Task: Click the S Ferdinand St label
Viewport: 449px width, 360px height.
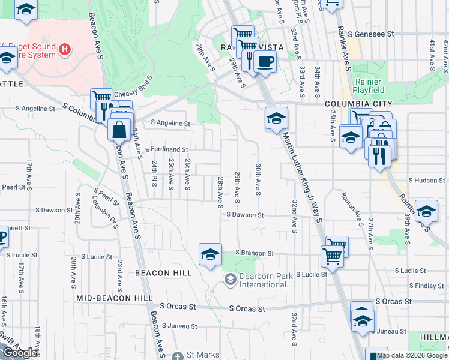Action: [166, 149]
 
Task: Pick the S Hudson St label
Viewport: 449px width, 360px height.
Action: [428, 180]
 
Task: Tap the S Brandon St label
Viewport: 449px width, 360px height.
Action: [255, 253]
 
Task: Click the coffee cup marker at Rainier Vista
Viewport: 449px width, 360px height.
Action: [264, 61]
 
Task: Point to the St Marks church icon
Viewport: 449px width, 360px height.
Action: [177, 355]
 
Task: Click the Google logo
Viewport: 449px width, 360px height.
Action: [20, 353]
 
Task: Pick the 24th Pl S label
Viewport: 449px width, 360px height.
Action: [155, 173]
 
